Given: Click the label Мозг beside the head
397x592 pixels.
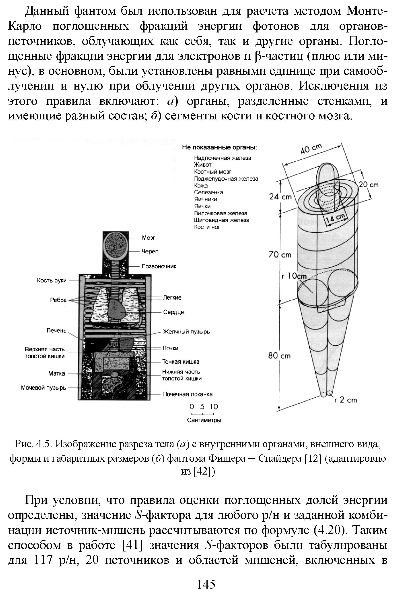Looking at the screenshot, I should pos(148,238).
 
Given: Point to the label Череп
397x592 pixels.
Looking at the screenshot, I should pos(150,251).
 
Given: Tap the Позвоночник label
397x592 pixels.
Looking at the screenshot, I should pos(159,266).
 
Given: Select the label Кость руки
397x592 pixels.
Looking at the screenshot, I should pos(52,280).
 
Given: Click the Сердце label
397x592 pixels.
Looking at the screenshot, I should pos(173,312).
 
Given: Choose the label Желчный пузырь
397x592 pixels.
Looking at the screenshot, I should pos(186,332).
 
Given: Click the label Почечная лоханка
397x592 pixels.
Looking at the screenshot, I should pos(187,394).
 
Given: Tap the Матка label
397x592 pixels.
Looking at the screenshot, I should pos(57,373).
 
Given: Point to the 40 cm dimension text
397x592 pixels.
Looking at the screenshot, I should pos(311,149).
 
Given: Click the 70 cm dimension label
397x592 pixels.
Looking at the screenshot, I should pos(280,255).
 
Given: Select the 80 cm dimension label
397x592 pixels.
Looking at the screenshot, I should pos(279,356).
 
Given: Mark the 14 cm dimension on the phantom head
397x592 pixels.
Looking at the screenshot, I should pos(335,218).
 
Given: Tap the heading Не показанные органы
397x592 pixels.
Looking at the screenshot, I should pos(220,147).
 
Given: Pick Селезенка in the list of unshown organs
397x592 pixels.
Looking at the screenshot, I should pos(208,192).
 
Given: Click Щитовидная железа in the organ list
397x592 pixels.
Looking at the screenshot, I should pos(221,220).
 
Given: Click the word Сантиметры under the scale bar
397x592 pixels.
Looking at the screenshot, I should pos(204,420).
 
